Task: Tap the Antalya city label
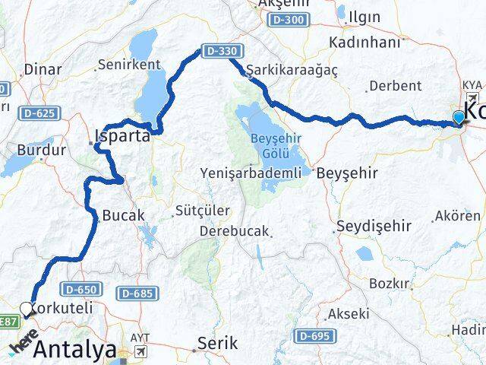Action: (x=75, y=351)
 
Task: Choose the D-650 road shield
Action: (x=81, y=289)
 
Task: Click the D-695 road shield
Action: (x=311, y=335)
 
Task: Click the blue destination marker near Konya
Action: (x=459, y=117)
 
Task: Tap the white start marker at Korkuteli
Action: (x=27, y=309)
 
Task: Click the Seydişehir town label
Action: (x=373, y=226)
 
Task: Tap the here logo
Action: (x=23, y=344)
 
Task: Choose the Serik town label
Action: (x=213, y=343)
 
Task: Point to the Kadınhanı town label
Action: (x=363, y=43)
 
